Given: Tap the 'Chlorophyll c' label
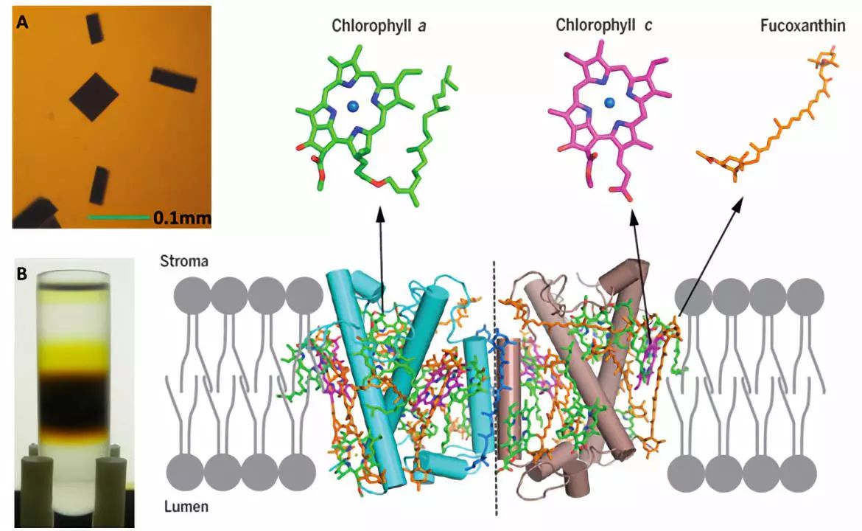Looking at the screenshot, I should pyautogui.click(x=604, y=26).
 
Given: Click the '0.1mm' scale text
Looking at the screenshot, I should pyautogui.click(x=182, y=218).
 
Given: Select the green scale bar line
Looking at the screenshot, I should pyautogui.click(x=118, y=218).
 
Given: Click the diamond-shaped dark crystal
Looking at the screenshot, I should pyautogui.click(x=94, y=97).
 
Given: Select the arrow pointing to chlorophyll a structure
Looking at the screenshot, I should pyautogui.click(x=381, y=258).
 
